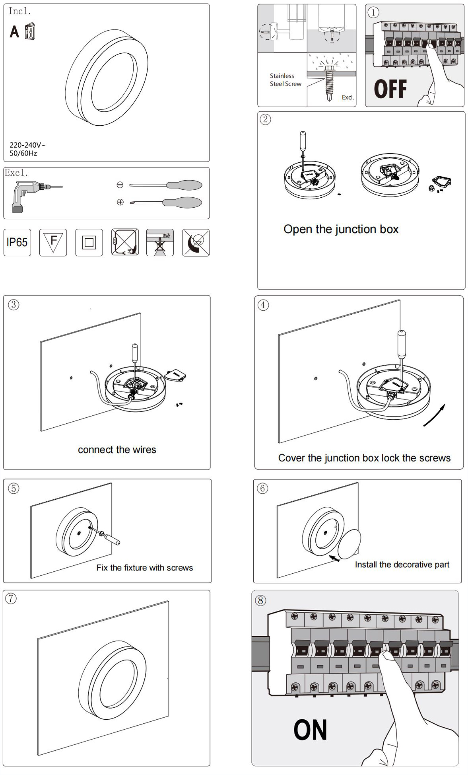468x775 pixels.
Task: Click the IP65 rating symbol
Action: [x=17, y=242]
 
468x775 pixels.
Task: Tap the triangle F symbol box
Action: [x=53, y=242]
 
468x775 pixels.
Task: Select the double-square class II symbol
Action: [x=89, y=242]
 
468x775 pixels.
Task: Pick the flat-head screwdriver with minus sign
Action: [x=163, y=185]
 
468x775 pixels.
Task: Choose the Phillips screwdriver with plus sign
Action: [x=163, y=202]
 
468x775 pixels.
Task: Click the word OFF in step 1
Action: [x=390, y=89]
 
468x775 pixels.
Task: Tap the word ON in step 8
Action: [x=310, y=730]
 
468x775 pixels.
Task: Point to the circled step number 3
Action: [x=14, y=305]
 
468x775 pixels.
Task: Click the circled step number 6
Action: [x=263, y=488]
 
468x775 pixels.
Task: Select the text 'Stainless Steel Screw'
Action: [x=285, y=80]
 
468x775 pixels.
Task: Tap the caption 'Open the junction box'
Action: [x=341, y=229]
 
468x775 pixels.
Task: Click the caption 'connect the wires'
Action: [x=117, y=450]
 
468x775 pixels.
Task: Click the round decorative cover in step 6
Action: [x=349, y=544]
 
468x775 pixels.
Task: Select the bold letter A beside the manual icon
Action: [x=14, y=31]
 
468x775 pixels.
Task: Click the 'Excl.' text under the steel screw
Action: [x=348, y=97]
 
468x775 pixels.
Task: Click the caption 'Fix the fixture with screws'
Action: [x=144, y=568]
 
